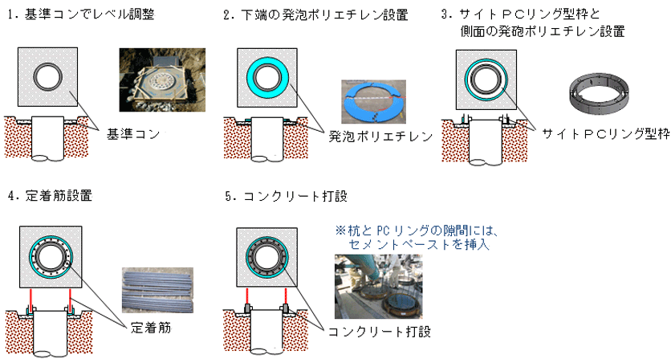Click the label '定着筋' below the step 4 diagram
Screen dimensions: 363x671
coord(149,328)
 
